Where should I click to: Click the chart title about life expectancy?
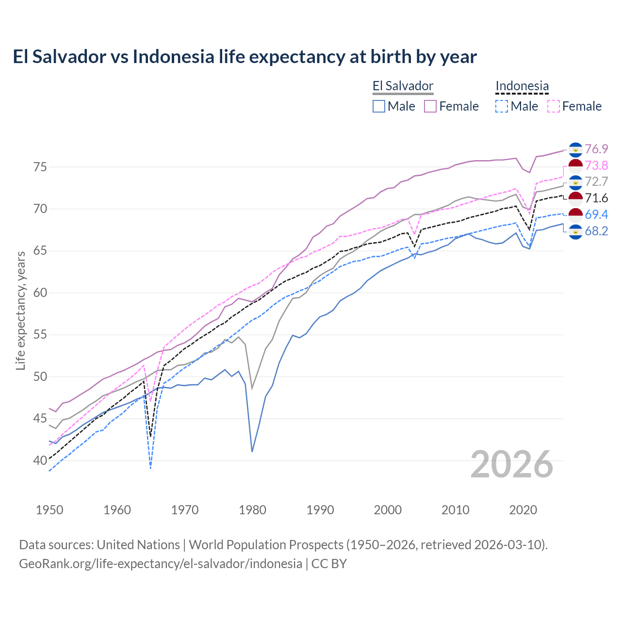pyautogui.click(x=245, y=57)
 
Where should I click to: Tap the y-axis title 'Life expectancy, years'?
pyautogui.click(x=20, y=310)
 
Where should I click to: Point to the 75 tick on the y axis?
pyautogui.click(x=40, y=167)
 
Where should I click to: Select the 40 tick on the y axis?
pyautogui.click(x=40, y=460)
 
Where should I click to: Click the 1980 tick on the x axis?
pyautogui.click(x=252, y=510)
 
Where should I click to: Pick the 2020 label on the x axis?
pyautogui.click(x=523, y=510)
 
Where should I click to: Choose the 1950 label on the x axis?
pyautogui.click(x=49, y=510)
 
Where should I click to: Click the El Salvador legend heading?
pyautogui.click(x=403, y=86)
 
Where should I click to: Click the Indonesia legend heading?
pyautogui.click(x=522, y=86)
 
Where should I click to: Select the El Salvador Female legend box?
pyautogui.click(x=430, y=106)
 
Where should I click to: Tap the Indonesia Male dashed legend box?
pyautogui.click(x=502, y=106)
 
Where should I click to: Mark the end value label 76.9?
pyautogui.click(x=596, y=149)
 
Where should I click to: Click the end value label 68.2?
pyautogui.click(x=596, y=231)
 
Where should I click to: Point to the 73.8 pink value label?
pyautogui.click(x=596, y=165)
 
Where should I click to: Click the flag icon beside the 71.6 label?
pyautogui.click(x=575, y=198)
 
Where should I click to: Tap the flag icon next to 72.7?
pyautogui.click(x=575, y=182)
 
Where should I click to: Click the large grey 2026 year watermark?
pyautogui.click(x=512, y=464)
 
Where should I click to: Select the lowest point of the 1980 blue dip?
pyautogui.click(x=252, y=452)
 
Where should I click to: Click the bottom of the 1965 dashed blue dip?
pyautogui.click(x=151, y=468)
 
